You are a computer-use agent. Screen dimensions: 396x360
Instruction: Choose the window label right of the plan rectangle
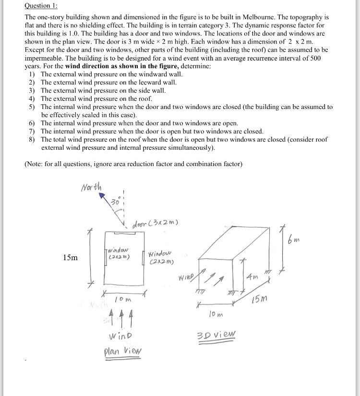click(161, 258)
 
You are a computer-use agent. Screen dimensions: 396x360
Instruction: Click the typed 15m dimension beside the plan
click(70, 258)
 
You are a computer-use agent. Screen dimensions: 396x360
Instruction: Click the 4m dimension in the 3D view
click(252, 276)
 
